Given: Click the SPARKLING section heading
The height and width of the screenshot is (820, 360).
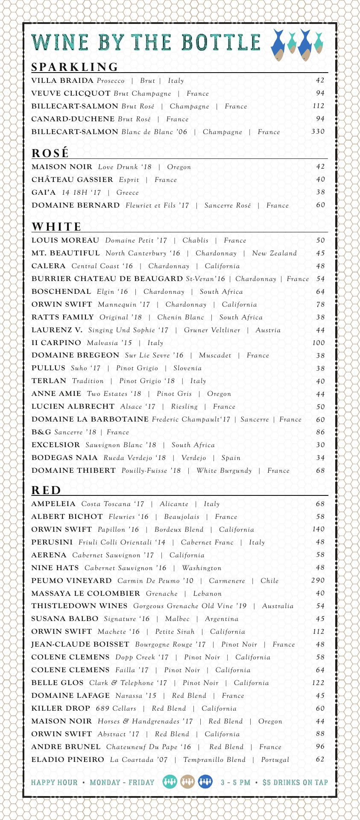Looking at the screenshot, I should (75, 67).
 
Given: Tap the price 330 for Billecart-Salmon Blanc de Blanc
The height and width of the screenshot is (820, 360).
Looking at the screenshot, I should (318, 132).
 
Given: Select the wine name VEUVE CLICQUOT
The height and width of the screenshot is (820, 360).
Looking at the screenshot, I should (71, 93).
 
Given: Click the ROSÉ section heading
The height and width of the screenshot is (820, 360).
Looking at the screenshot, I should (50, 153).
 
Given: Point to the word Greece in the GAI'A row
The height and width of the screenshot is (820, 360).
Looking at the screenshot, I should (127, 193).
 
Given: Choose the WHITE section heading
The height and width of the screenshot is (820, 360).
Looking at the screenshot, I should (57, 226).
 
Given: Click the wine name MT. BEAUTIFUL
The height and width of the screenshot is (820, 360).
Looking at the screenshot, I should (65, 253).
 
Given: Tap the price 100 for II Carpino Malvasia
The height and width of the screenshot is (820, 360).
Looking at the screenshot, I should (318, 343).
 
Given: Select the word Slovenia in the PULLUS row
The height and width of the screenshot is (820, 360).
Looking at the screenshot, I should (187, 368).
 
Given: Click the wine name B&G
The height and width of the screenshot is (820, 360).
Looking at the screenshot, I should (41, 432).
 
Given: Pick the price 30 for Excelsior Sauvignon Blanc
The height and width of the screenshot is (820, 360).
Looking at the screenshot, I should (320, 445).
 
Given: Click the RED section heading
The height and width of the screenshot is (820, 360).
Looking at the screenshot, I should (47, 490).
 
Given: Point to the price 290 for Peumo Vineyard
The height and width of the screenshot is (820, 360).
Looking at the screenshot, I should (318, 580).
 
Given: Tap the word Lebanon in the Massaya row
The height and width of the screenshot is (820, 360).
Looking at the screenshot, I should (207, 594).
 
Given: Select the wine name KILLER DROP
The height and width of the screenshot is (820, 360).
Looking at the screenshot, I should (61, 709).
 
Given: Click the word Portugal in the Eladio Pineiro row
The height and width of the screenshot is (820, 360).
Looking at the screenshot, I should (275, 760).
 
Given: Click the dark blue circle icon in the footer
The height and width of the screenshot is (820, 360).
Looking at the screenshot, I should (205, 782).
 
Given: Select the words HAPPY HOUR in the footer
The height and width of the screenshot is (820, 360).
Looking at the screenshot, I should (54, 783).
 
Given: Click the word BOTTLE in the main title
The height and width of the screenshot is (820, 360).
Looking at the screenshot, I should (221, 42).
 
